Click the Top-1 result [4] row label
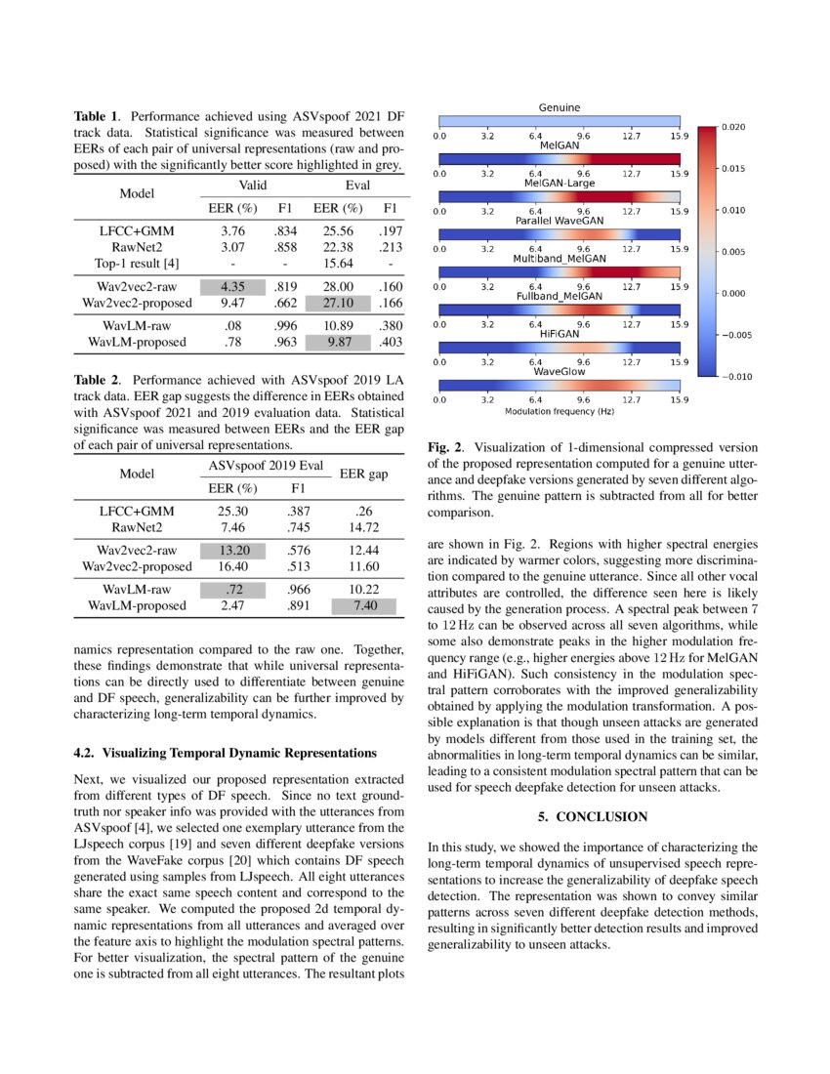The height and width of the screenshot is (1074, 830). (137, 264)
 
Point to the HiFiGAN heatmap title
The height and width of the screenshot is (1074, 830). (560, 334)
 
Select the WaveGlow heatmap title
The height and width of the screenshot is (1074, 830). (560, 372)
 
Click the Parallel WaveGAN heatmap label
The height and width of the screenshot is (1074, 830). (560, 221)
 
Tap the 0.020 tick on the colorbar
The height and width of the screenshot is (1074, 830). (733, 127)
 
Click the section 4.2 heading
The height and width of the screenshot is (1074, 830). (226, 753)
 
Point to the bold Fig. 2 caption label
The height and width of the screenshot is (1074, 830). (445, 447)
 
